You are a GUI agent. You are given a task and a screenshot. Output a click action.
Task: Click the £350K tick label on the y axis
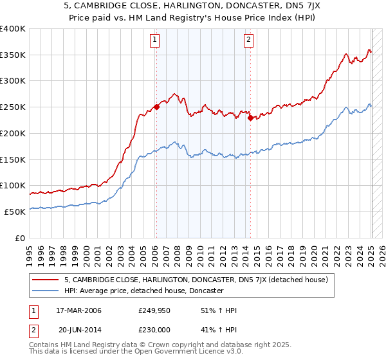[x=13, y=55]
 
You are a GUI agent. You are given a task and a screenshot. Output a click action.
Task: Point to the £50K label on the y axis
[x=15, y=212]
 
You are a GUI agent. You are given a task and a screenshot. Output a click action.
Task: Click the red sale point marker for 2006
[x=156, y=107]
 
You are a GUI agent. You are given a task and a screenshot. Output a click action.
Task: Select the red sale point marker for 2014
[x=250, y=118]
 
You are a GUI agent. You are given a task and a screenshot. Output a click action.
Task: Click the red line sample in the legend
[x=46, y=280]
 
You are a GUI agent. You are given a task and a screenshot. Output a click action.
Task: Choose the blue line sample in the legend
[x=46, y=291]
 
